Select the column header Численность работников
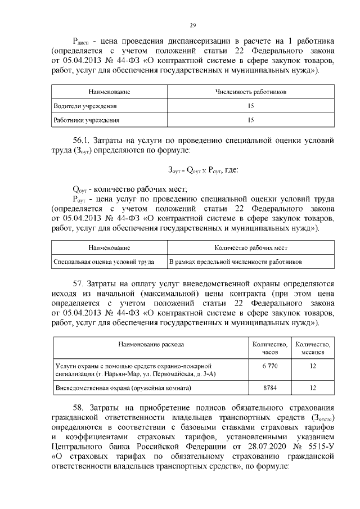pos(251,91)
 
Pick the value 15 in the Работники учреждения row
pos(251,120)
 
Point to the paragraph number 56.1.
pos(82,139)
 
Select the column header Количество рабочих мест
pos(251,247)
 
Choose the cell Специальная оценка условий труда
pos(103,262)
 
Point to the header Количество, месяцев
pos(313,348)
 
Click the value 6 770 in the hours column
pos(270,366)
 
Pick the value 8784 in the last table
pos(270,388)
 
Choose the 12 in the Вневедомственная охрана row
pos(313,388)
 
